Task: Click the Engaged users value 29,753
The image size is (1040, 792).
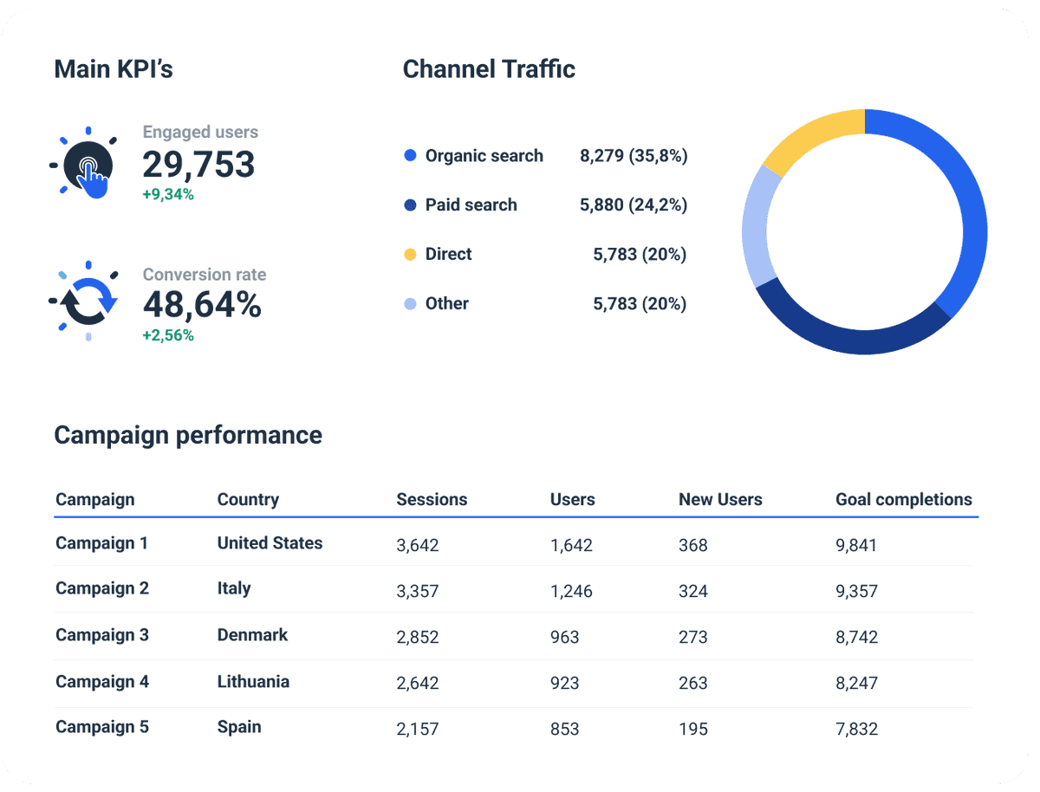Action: pyautogui.click(x=198, y=164)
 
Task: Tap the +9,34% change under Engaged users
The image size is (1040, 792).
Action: pyautogui.click(x=168, y=195)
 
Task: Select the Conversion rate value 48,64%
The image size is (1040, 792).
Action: pyautogui.click(x=202, y=305)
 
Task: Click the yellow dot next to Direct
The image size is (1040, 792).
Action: pyautogui.click(x=411, y=255)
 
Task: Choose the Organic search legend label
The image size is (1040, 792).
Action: pyautogui.click(x=484, y=156)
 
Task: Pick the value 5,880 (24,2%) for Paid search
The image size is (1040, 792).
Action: pyautogui.click(x=633, y=205)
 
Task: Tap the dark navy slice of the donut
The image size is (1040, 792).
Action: pyautogui.click(x=849, y=334)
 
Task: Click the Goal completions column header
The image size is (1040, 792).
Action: pyautogui.click(x=903, y=500)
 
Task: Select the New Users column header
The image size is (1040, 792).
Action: pyautogui.click(x=720, y=500)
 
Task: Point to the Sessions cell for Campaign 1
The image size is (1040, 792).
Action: pyautogui.click(x=418, y=545)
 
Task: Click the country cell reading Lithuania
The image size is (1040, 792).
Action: pyautogui.click(x=253, y=682)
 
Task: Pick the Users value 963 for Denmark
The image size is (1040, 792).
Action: pyautogui.click(x=564, y=637)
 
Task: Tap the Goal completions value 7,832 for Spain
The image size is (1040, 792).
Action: pyautogui.click(x=856, y=729)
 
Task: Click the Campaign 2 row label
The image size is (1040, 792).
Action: pyautogui.click(x=102, y=588)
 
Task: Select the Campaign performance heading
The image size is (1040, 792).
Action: pyautogui.click(x=188, y=435)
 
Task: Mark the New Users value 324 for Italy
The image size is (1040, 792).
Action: pyautogui.click(x=693, y=592)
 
